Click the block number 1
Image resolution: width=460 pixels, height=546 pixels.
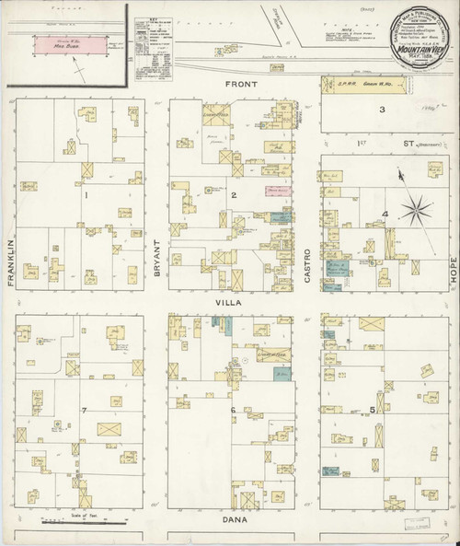coord(86,194)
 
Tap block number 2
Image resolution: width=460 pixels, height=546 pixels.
coord(235,194)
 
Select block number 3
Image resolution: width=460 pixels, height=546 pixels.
coord(382,110)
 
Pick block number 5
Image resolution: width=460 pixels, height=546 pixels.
coord(372,408)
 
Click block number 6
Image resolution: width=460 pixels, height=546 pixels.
coord(234,409)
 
